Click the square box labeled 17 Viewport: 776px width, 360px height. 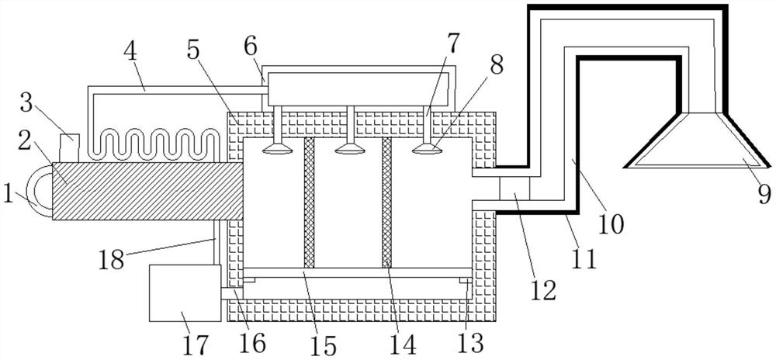click(x=184, y=292)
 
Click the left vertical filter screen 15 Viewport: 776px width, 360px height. click(x=308, y=203)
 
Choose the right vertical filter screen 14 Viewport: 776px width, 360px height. click(x=386, y=203)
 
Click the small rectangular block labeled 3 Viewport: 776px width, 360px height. click(x=68, y=144)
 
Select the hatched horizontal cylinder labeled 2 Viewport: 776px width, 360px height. click(x=147, y=191)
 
